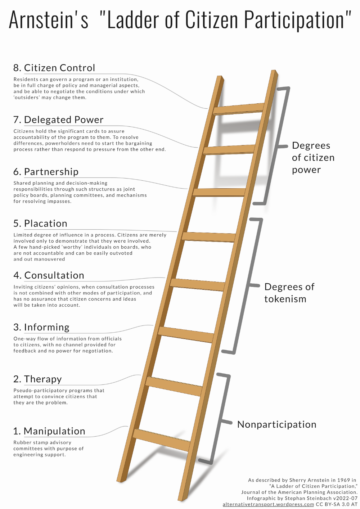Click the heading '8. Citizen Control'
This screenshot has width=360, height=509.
[54, 68]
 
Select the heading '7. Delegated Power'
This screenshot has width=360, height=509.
[58, 120]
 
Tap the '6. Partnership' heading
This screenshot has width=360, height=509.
[46, 172]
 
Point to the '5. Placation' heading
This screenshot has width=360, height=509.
[40, 224]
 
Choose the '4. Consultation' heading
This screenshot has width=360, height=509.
[49, 275]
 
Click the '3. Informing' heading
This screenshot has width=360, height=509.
[41, 327]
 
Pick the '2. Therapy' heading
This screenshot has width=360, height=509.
[37, 379]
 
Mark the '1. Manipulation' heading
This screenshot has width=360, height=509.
[49, 431]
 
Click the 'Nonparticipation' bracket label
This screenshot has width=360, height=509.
[276, 425]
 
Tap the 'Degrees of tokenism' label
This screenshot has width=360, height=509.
[289, 293]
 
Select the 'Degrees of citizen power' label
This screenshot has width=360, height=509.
[313, 158]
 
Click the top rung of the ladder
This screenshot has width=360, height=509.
[238, 109]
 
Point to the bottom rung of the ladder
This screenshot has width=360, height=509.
[161, 440]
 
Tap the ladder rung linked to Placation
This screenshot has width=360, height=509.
[209, 237]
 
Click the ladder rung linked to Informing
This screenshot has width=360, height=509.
[186, 334]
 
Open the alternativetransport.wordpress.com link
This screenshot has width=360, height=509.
[268, 504]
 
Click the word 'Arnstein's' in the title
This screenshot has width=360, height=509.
[48, 20]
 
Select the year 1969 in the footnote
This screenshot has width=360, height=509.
[343, 480]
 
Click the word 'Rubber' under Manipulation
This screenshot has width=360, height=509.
[22, 442]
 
